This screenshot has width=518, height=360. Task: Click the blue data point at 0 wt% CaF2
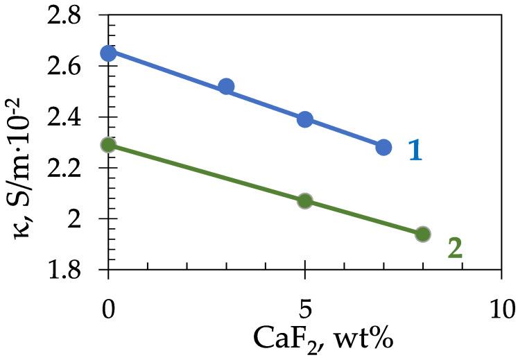point(108,53)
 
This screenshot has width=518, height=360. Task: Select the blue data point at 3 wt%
point(226,87)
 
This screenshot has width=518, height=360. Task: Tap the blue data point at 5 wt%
point(304,119)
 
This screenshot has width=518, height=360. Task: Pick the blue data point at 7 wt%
point(383,147)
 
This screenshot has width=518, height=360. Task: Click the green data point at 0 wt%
point(108,145)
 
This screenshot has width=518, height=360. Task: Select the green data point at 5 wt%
point(304,201)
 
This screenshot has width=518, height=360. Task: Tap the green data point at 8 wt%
point(422,234)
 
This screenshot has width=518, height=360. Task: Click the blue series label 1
point(415,151)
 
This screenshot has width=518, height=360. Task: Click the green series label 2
point(454,248)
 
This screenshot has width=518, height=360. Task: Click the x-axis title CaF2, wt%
point(306,341)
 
